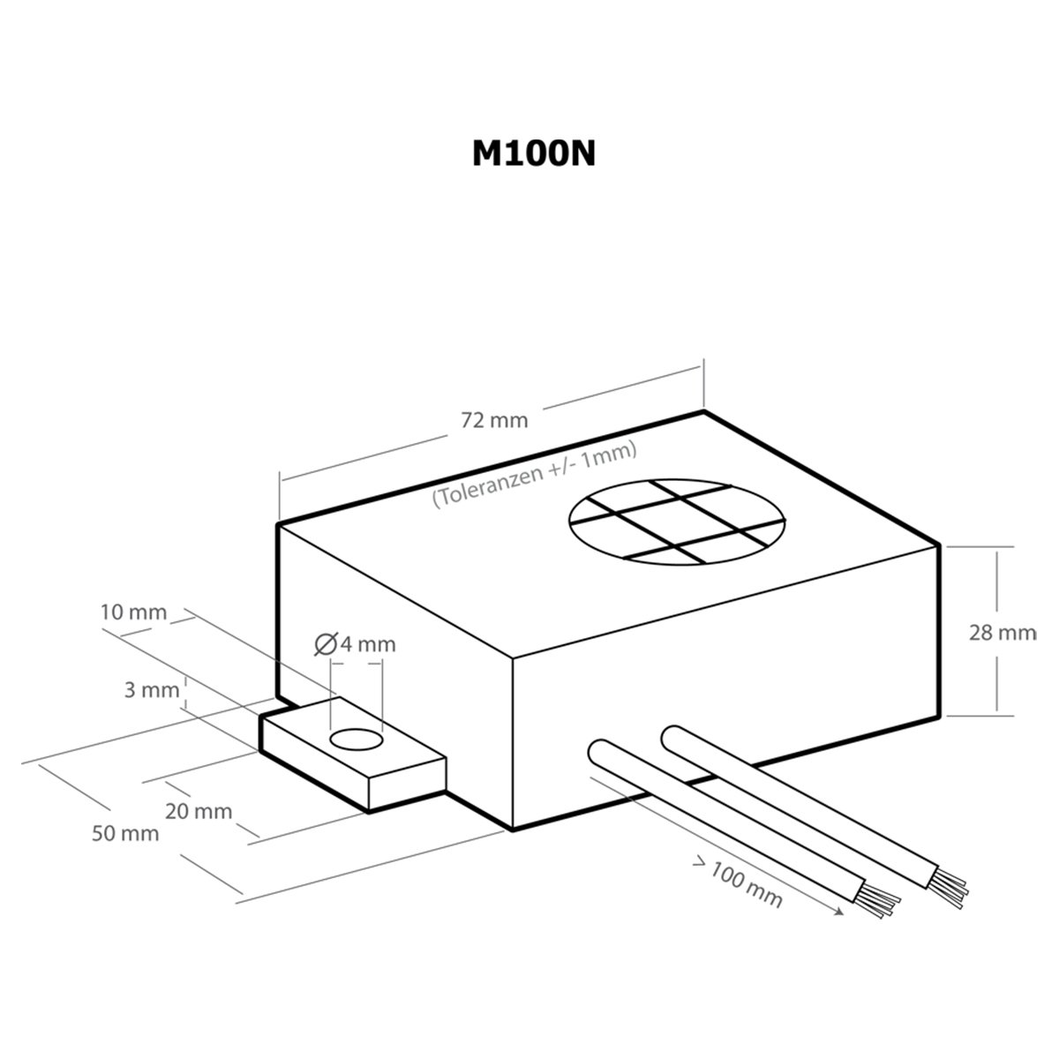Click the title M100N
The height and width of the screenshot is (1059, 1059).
pyautogui.click(x=534, y=154)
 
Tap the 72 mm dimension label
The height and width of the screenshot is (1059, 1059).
pyautogui.click(x=494, y=420)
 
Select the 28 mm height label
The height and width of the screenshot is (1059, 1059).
pyautogui.click(x=1003, y=633)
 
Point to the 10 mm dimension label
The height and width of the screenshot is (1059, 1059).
pyautogui.click(x=133, y=612)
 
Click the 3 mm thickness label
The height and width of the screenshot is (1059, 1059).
pyautogui.click(x=152, y=690)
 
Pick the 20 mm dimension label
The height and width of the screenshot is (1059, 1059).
pyautogui.click(x=199, y=811)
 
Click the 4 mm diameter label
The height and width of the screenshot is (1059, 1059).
pyautogui.click(x=368, y=644)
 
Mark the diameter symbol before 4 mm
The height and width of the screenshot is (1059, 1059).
pyautogui.click(x=326, y=644)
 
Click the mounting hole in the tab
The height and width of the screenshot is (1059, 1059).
pyautogui.click(x=357, y=740)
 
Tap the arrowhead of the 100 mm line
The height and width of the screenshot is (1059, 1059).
pyautogui.click(x=838, y=913)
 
